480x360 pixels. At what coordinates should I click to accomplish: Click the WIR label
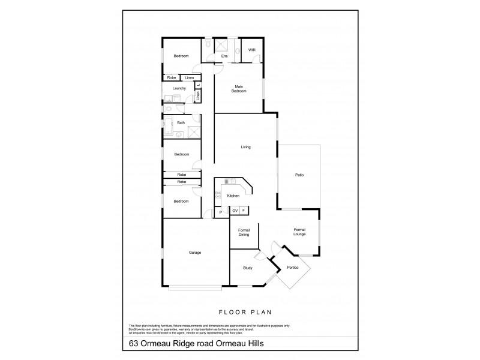click(251, 50)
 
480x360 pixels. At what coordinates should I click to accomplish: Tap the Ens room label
click(224, 56)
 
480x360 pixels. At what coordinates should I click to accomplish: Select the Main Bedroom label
click(239, 90)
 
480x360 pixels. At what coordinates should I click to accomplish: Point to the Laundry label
click(179, 88)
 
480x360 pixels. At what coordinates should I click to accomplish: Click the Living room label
click(245, 147)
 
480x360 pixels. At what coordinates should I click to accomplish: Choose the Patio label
click(298, 175)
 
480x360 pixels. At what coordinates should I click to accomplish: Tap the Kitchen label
click(233, 196)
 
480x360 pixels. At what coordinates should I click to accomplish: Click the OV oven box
click(235, 211)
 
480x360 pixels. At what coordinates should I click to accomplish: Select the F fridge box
click(244, 211)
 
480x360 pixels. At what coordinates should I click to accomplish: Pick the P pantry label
click(221, 212)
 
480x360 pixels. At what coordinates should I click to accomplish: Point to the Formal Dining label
click(244, 233)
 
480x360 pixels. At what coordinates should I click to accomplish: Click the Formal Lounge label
click(300, 232)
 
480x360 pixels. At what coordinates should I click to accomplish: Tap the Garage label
click(194, 253)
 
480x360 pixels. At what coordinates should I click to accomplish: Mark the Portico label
click(293, 268)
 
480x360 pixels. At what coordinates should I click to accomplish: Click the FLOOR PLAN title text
click(240, 313)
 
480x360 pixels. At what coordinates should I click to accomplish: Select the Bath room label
click(181, 123)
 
